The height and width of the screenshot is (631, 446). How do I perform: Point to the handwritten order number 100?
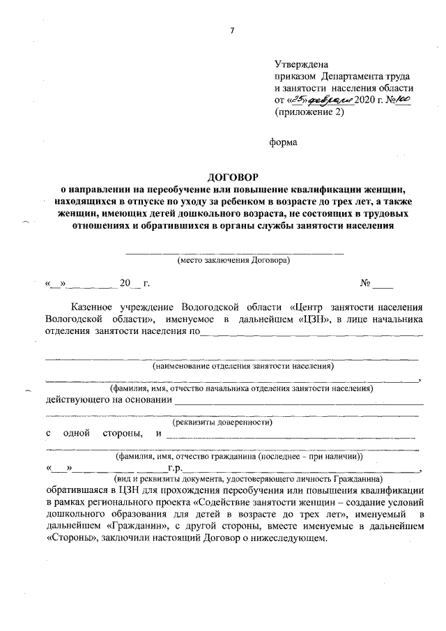403,100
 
